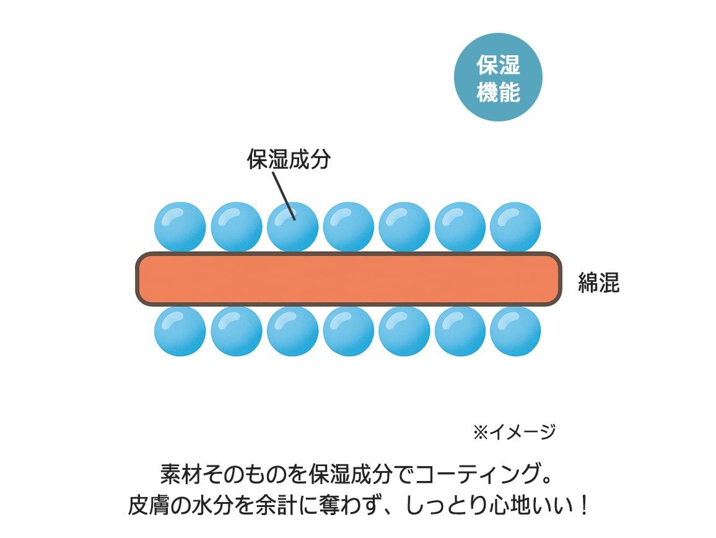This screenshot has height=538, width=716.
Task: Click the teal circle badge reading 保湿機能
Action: [498, 77]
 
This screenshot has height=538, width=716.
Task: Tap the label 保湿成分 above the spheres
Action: [289, 159]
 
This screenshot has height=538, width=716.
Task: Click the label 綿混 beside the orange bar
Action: [598, 283]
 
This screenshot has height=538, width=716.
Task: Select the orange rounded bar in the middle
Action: [349, 279]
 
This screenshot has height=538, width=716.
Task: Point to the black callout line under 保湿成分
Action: [282, 193]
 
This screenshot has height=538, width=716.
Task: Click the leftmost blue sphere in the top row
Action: [180, 226]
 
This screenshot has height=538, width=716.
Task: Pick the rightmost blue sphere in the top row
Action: [515, 226]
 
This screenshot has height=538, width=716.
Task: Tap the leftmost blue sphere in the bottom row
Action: [180, 331]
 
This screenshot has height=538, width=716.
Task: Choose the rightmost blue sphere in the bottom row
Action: [515, 331]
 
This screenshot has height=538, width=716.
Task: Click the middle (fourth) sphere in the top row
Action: [348, 226]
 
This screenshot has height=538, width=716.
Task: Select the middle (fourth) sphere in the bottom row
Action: [348, 331]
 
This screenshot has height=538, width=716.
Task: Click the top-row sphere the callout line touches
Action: [292, 227]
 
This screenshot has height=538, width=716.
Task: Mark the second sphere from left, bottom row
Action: [236, 331]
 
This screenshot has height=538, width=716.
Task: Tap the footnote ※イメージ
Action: [514, 432]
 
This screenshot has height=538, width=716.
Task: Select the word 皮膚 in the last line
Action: [148, 506]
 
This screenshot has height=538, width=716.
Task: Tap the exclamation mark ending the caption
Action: [580, 506]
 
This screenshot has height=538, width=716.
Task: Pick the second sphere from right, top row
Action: [460, 226]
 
